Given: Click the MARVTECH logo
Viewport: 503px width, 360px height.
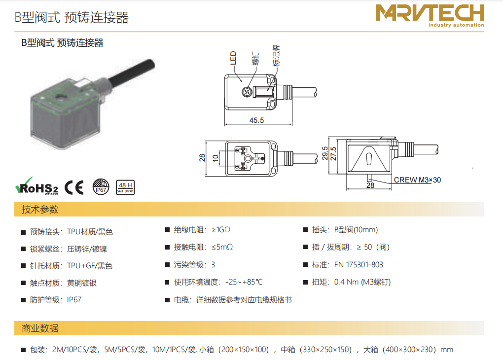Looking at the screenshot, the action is (430, 16).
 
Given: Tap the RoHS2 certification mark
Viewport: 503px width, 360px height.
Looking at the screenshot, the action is (37, 186).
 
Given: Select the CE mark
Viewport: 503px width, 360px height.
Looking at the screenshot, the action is (74, 187).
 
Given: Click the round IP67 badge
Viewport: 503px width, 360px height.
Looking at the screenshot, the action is (101, 187).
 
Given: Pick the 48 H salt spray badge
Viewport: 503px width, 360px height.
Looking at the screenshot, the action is (125, 187).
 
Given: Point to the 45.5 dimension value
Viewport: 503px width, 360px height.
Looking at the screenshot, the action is (256, 120).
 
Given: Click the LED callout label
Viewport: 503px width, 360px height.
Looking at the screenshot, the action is (233, 58).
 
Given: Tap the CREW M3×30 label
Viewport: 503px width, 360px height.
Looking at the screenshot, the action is (417, 180).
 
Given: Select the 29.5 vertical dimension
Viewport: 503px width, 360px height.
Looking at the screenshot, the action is (325, 153).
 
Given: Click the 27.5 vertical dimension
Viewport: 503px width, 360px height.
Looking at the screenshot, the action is (333, 154).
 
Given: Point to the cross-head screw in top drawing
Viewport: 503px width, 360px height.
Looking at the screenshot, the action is (247, 92).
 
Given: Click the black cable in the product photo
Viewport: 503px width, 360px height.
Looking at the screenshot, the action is (132, 72).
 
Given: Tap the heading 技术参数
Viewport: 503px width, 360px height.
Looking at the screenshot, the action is (40, 210).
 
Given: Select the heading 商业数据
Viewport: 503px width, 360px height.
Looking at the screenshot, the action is (40, 328).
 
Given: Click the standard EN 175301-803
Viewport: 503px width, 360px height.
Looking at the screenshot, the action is (359, 265).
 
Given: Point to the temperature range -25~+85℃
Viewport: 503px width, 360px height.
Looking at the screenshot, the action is (244, 282).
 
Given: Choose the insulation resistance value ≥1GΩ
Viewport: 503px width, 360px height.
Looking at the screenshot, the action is (221, 230).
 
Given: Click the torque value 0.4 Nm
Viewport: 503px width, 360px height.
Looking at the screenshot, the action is (347, 282).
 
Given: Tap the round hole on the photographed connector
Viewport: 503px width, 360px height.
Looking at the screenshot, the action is (60, 96).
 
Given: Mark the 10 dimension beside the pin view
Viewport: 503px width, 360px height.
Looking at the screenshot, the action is (216, 158).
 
